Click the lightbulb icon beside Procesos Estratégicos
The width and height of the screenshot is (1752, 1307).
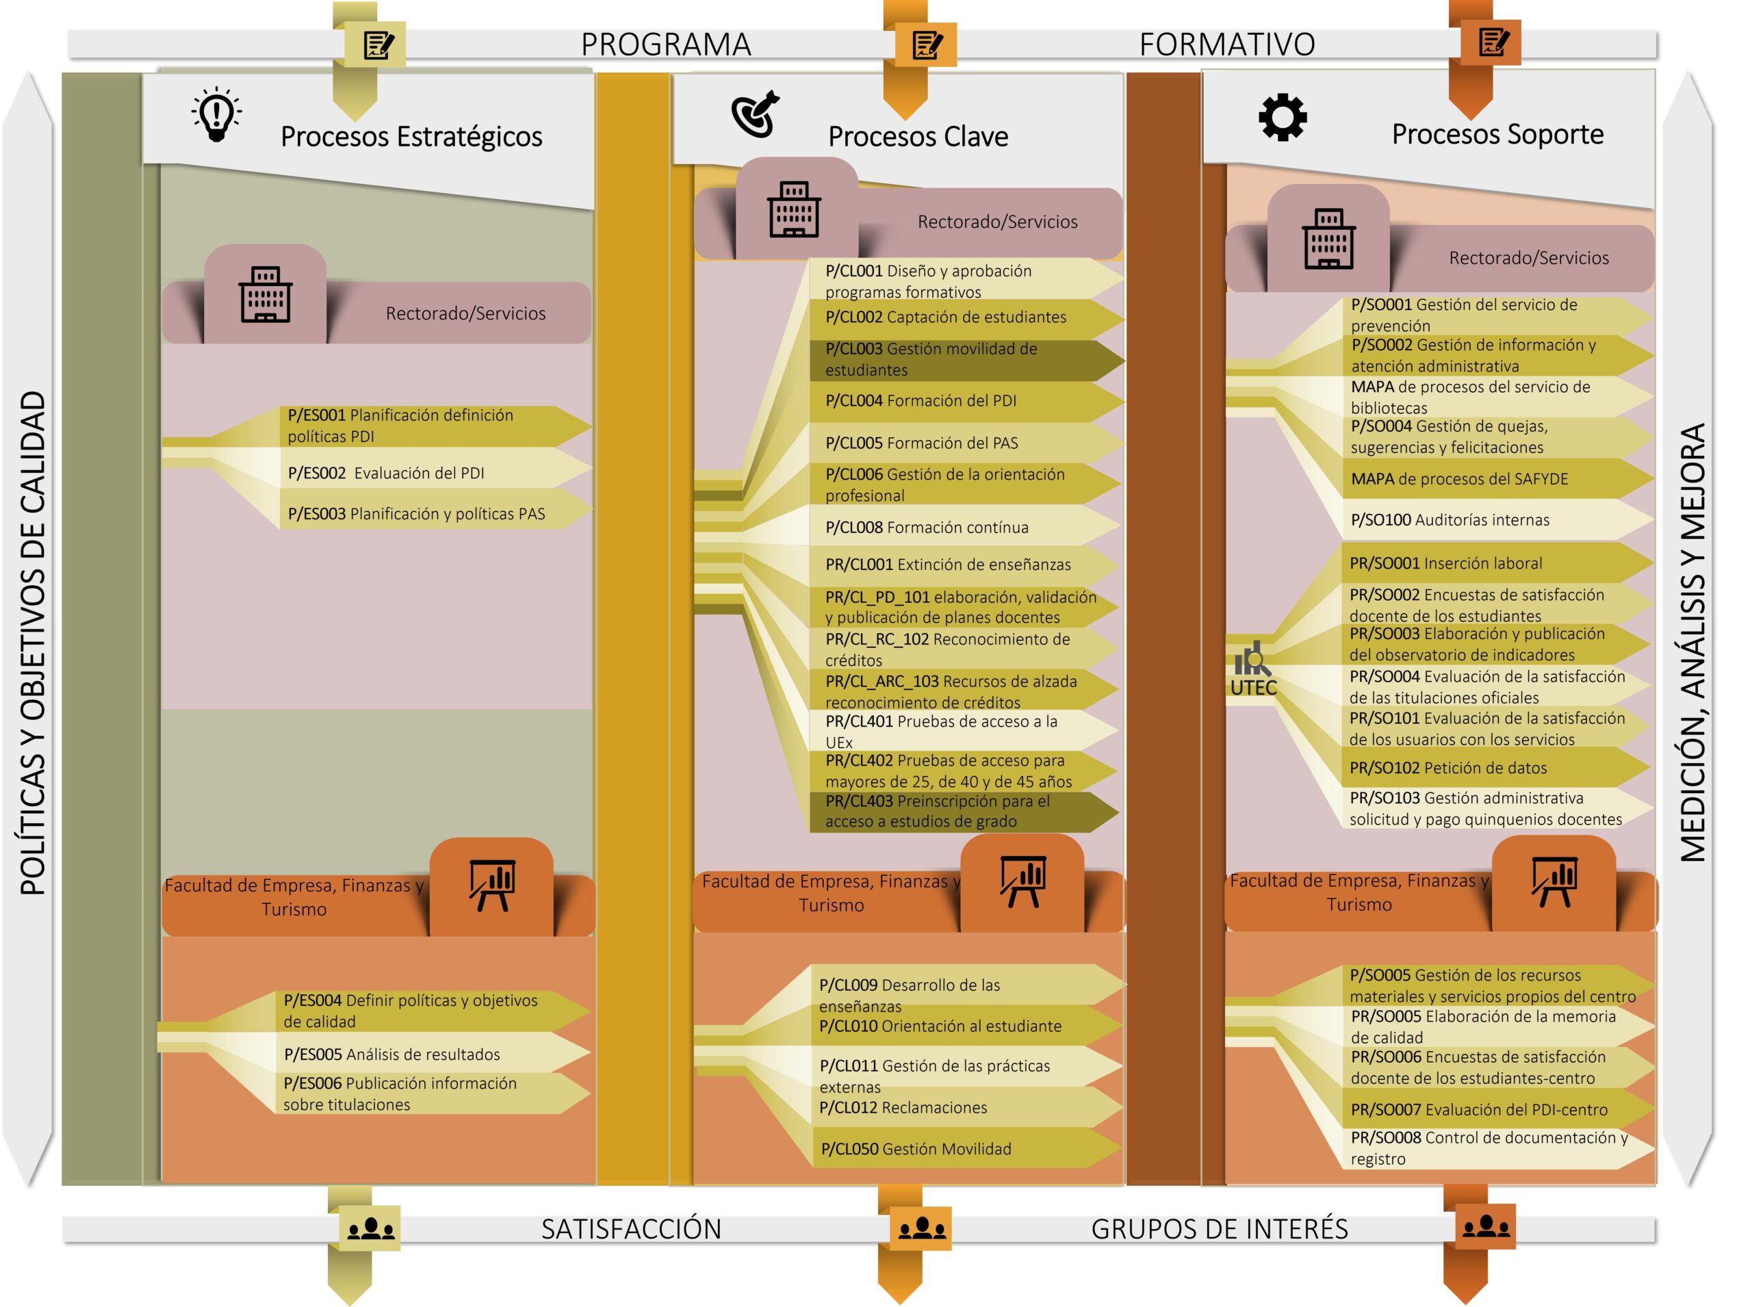coord(216,116)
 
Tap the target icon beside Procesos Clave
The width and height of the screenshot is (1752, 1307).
coord(755,116)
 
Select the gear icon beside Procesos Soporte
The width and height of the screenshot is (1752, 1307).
coord(1282,118)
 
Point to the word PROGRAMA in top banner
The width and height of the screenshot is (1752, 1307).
coord(665,44)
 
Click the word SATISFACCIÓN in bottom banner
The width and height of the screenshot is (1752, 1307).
coord(631,1229)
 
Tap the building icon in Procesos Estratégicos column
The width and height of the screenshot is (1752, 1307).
coord(265,294)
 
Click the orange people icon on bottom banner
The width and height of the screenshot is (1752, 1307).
coord(921,1228)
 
